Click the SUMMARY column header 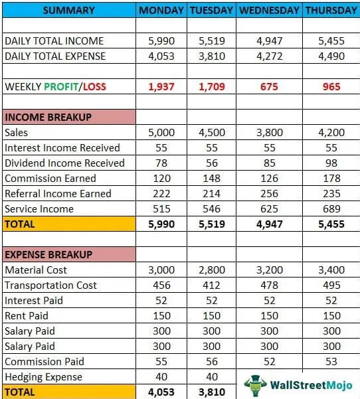[68, 10]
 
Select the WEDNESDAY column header [269, 10]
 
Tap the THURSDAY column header [331, 10]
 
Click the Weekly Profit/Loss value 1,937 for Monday [161, 86]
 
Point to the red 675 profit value [269, 86]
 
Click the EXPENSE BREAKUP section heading [48, 254]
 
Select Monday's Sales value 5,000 [161, 132]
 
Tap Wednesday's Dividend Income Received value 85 [269, 163]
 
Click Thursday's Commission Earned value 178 [331, 178]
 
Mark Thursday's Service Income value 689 [331, 208]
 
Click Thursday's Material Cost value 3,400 [331, 270]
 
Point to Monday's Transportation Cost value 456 [161, 285]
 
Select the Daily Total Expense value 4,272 [269, 56]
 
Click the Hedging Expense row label [43, 376]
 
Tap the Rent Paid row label [28, 315]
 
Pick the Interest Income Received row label [62, 147]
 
